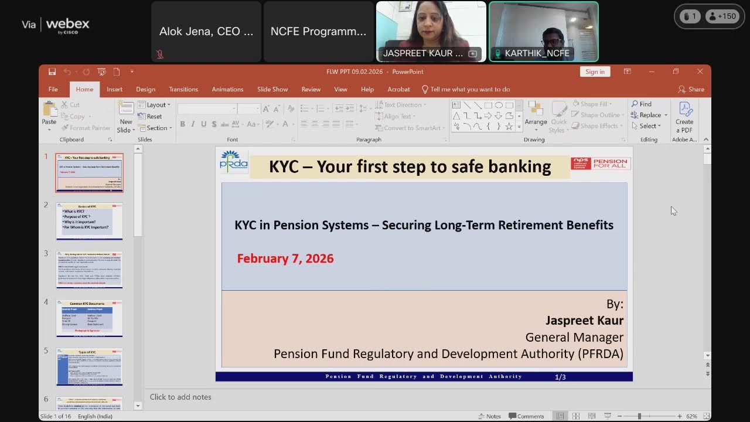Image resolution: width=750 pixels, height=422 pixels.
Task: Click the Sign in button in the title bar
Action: (x=595, y=72)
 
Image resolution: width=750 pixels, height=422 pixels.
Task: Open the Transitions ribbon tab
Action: (x=183, y=89)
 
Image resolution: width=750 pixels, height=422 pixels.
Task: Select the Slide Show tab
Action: (x=272, y=89)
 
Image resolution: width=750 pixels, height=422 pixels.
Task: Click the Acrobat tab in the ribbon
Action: (x=398, y=89)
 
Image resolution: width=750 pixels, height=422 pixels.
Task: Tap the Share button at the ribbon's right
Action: (x=691, y=89)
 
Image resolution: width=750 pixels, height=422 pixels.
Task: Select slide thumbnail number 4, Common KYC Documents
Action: (x=90, y=318)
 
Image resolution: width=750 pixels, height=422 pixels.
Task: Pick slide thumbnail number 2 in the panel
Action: (x=90, y=221)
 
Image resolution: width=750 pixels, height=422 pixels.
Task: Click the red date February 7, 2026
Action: (x=285, y=258)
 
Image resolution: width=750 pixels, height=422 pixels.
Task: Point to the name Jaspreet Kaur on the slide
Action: (x=584, y=321)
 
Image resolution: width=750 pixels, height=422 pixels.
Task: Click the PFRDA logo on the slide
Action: (x=234, y=161)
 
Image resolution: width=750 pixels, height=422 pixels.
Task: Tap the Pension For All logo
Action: (x=601, y=164)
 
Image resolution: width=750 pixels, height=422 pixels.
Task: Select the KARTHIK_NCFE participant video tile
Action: (x=543, y=31)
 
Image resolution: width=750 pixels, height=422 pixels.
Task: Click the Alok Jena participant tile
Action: (x=206, y=32)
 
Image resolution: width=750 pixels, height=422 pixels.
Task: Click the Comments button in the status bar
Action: (x=526, y=416)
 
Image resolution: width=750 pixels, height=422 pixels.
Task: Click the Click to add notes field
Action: (x=180, y=397)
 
